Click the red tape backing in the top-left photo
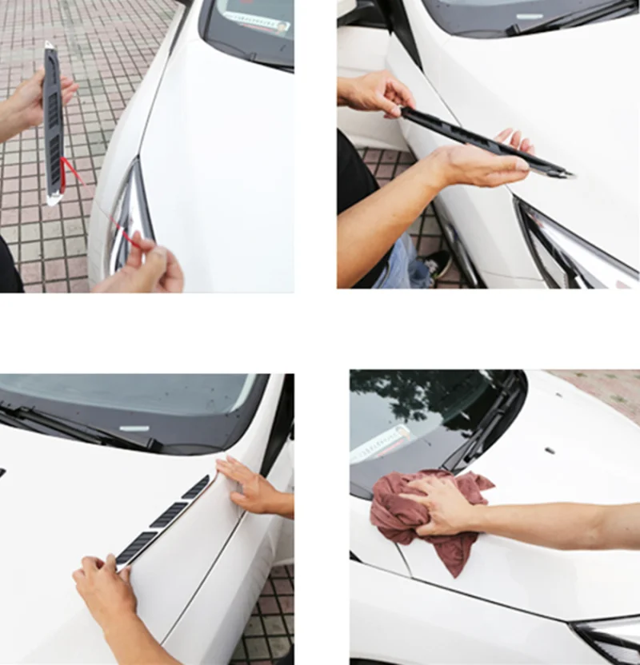(70, 170)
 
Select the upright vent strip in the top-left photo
(53, 120)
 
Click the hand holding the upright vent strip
(32, 100)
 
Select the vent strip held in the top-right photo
(480, 140)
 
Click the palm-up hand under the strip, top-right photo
(480, 164)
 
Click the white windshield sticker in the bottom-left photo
(134, 428)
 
